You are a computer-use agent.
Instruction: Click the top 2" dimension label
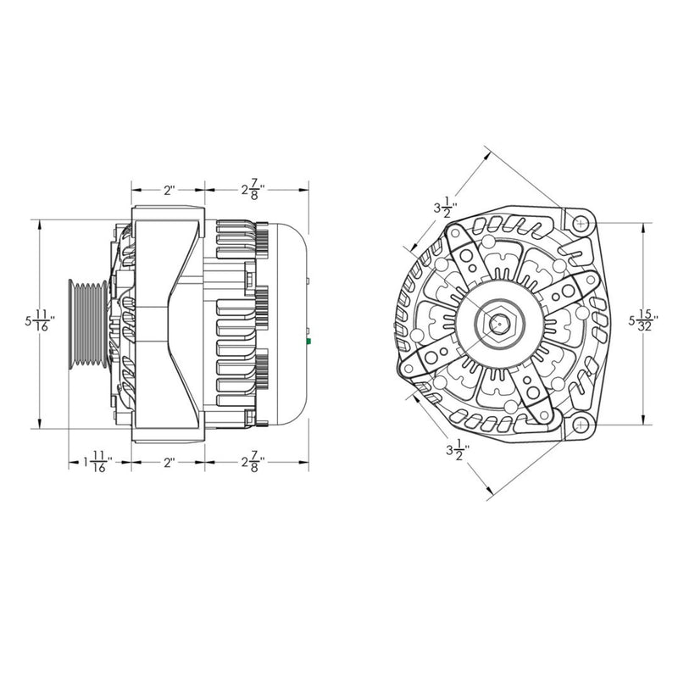(169, 191)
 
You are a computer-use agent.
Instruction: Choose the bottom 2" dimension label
(169, 464)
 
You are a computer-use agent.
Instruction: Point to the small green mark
(309, 341)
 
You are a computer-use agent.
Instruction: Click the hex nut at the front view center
(499, 323)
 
